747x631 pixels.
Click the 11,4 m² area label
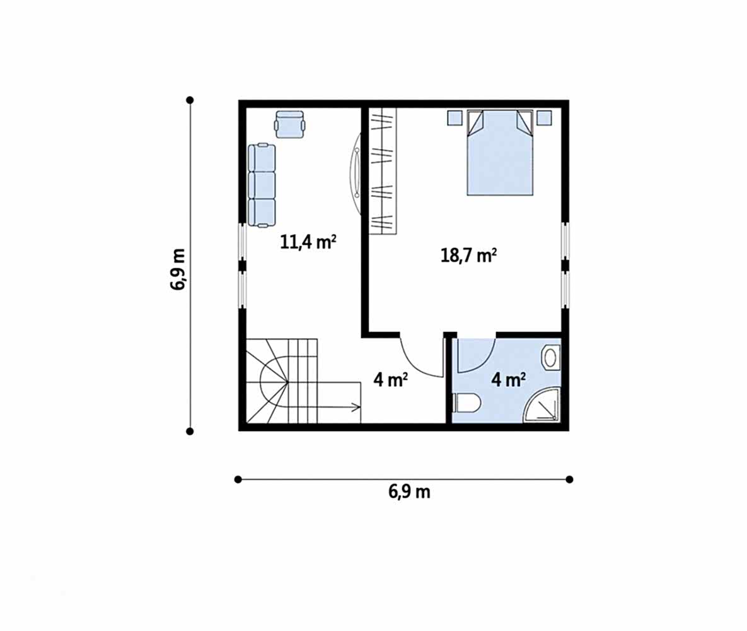click(x=308, y=242)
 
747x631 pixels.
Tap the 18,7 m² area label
click(x=469, y=255)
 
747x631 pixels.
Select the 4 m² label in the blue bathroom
click(x=508, y=380)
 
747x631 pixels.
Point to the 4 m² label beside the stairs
click(x=390, y=380)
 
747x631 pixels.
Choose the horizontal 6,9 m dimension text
click(x=409, y=492)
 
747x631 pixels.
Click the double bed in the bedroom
click(x=500, y=153)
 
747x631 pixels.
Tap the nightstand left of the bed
click(x=455, y=118)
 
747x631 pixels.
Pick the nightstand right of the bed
click(x=545, y=118)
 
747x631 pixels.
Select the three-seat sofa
click(x=262, y=185)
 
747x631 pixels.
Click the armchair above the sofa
click(x=289, y=124)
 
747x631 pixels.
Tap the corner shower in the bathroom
click(x=541, y=405)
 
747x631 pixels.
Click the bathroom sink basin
click(x=550, y=357)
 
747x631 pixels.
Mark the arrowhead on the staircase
click(x=356, y=407)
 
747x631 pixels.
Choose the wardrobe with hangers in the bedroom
click(x=383, y=171)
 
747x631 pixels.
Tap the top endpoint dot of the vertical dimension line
click(x=190, y=100)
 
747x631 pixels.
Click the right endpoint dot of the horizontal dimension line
click(x=569, y=480)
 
